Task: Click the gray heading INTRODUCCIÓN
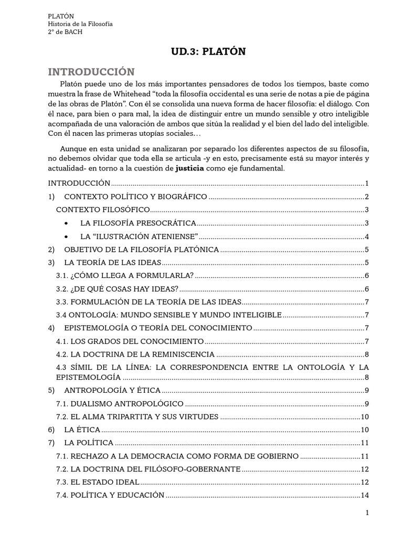click(x=91, y=71)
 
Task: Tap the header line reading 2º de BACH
click(x=65, y=32)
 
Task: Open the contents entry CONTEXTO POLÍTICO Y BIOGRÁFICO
click(x=135, y=197)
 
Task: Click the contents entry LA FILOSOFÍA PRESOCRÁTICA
click(x=138, y=223)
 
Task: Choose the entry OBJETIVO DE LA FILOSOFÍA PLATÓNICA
click(x=141, y=249)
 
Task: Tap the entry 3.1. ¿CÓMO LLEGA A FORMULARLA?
click(x=124, y=275)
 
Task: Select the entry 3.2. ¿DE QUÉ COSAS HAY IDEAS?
click(x=117, y=288)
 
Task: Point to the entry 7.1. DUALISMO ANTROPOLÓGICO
click(x=120, y=403)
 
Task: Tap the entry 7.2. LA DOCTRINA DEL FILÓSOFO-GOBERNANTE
click(x=148, y=469)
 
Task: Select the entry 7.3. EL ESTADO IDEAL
click(x=98, y=482)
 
